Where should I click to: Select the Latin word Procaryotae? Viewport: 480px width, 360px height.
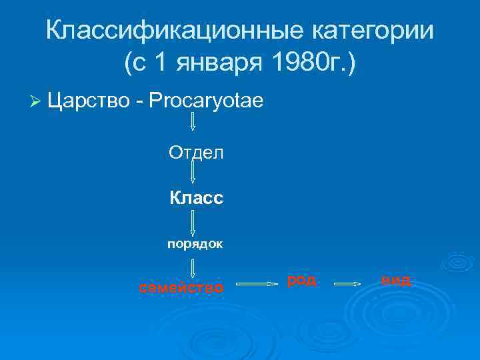tap(207, 101)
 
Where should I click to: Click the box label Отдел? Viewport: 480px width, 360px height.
tap(196, 153)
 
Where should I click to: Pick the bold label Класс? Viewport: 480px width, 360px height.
tap(196, 199)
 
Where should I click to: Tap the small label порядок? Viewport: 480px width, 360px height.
tap(195, 244)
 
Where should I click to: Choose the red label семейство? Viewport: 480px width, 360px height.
tap(181, 288)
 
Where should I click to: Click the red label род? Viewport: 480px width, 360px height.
tap(302, 280)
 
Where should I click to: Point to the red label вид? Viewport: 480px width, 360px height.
tap(397, 281)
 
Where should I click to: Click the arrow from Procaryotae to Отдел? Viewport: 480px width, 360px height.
tap(193, 122)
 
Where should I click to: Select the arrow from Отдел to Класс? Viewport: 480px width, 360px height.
tap(193, 173)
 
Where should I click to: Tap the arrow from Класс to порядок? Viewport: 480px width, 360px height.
tap(193, 221)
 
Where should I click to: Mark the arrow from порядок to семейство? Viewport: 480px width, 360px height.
tap(193, 268)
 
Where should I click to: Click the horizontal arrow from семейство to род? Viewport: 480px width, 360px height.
tap(257, 284)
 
